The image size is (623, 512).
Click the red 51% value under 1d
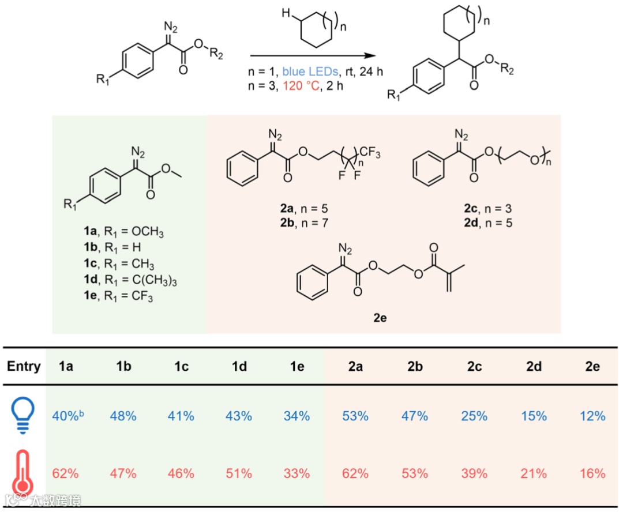(x=239, y=474)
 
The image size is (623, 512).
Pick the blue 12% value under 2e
(x=592, y=416)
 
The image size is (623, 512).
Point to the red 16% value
(x=592, y=474)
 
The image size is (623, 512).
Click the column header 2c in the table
(x=474, y=367)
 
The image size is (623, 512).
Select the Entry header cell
(x=24, y=367)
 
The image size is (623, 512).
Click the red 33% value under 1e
(x=297, y=474)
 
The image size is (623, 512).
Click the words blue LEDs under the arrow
(x=309, y=73)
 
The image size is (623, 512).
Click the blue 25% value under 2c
(x=474, y=416)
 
